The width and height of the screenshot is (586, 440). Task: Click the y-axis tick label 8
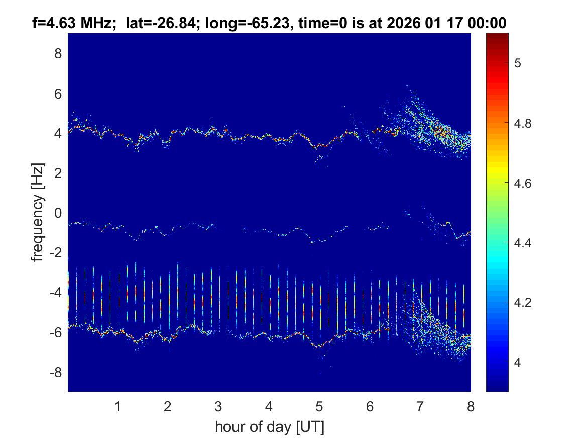58,53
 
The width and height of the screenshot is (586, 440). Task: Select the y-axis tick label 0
58,213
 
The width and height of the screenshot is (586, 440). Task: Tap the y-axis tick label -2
56,253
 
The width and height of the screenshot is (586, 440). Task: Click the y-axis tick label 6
58,93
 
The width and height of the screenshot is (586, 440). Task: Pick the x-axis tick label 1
118,406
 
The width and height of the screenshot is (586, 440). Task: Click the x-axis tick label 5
319,406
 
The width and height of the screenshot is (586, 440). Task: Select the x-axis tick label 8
471,406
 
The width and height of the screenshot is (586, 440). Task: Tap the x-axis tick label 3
218,406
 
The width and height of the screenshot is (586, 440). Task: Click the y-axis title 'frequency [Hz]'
38,213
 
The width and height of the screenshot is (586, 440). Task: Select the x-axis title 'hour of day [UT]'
269,427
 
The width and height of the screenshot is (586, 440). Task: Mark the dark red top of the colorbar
497,36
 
